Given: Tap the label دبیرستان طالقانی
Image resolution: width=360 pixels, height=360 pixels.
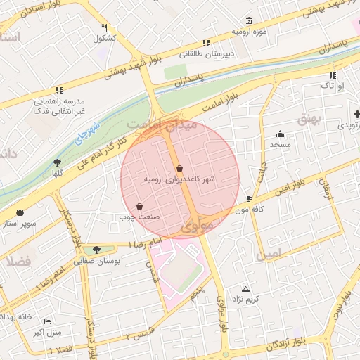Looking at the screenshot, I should tap(207, 53).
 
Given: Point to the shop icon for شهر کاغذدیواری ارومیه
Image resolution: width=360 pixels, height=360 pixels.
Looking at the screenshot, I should tap(180, 169).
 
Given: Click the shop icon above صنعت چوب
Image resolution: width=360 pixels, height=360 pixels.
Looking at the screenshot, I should tap(139, 206).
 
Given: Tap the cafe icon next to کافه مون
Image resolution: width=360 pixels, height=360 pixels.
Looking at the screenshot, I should tap(250, 199).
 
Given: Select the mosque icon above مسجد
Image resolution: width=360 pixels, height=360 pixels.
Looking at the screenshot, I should tap(281, 134).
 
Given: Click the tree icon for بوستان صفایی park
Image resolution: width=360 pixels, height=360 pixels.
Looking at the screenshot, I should tap(96, 249).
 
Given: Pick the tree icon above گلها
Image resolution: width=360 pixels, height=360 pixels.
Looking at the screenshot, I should tap(57, 162).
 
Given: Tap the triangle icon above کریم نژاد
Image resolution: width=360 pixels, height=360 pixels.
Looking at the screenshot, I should tap(245, 289).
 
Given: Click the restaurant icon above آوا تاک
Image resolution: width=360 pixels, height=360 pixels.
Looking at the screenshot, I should tap(332, 75).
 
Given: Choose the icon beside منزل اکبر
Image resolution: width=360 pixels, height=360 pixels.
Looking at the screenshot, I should tap(46, 321).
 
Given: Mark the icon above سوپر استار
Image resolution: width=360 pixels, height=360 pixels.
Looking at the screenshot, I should tap(20, 212).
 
